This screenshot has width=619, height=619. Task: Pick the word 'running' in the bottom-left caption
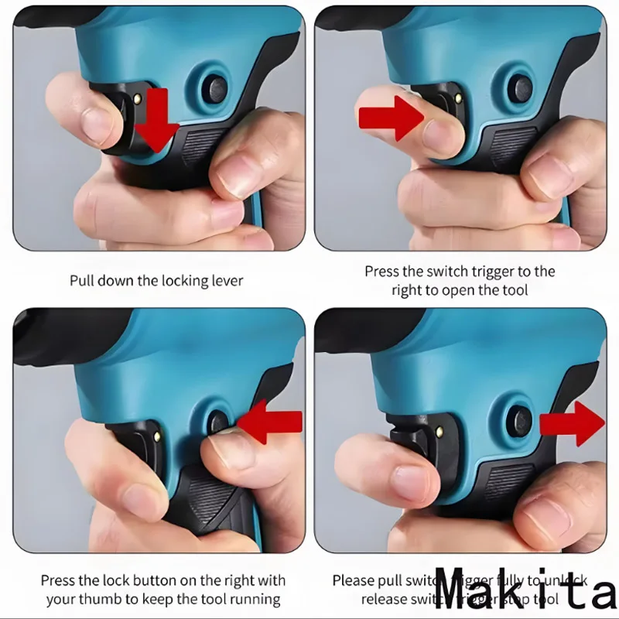click(255, 599)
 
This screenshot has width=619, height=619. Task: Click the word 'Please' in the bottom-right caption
click(353, 580)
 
